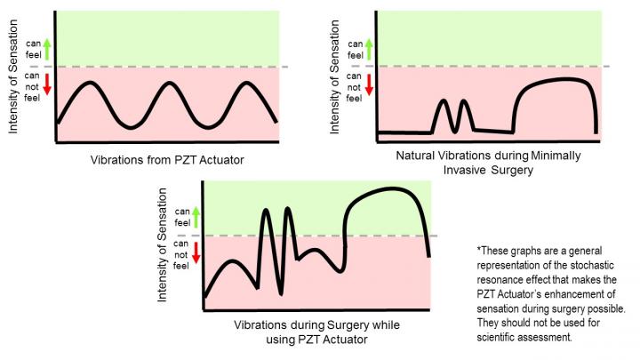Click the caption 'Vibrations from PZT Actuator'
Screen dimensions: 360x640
167,160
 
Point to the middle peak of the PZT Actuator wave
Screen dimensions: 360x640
168,83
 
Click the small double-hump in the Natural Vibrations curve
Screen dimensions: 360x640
452,114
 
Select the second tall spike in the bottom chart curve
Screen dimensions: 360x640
288,210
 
